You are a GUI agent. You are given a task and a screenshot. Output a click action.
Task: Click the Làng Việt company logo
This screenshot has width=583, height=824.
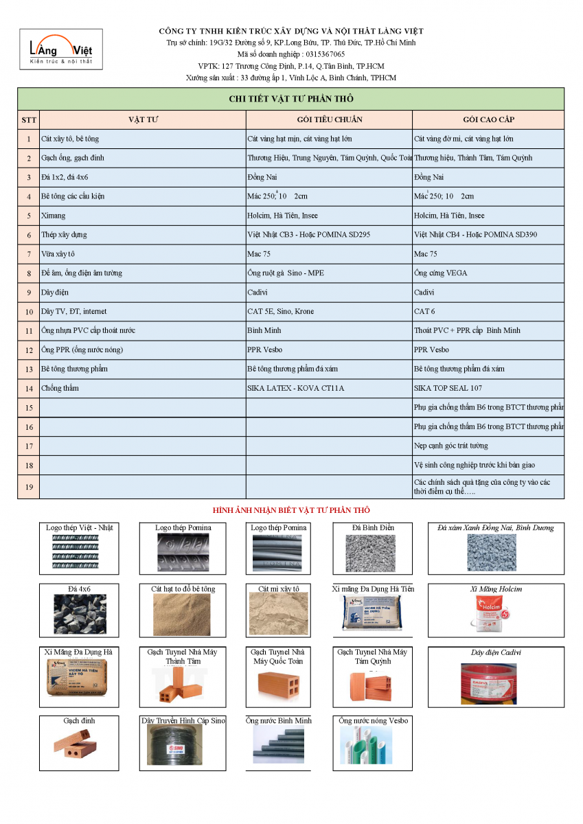point(61,49)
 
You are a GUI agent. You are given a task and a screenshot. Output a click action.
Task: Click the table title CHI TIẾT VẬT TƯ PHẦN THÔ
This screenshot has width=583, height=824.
point(290,99)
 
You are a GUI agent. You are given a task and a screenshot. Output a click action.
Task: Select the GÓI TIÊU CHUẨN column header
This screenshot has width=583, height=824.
point(330,119)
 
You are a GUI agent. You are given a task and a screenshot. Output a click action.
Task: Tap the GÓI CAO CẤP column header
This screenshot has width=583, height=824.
point(488,119)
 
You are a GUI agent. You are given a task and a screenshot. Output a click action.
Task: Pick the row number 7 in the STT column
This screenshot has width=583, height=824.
point(29,254)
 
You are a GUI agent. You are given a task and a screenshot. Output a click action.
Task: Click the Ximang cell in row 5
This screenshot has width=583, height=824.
point(54,216)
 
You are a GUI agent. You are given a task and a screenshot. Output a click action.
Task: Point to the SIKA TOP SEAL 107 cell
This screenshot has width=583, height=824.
point(448,388)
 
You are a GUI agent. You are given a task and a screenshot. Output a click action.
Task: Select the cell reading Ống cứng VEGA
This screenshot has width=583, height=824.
point(440,273)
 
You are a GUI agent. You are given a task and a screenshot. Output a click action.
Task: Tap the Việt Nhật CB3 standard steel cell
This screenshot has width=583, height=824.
point(308,235)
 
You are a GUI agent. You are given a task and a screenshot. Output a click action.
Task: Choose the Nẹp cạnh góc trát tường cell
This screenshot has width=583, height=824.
point(451,446)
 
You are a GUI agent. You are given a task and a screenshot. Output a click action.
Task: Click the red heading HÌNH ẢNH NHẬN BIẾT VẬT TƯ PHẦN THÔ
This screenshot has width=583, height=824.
point(291,510)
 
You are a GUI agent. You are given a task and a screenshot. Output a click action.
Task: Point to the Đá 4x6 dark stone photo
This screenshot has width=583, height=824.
point(80,613)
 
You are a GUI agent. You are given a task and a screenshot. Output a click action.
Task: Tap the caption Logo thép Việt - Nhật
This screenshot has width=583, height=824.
point(80,527)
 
